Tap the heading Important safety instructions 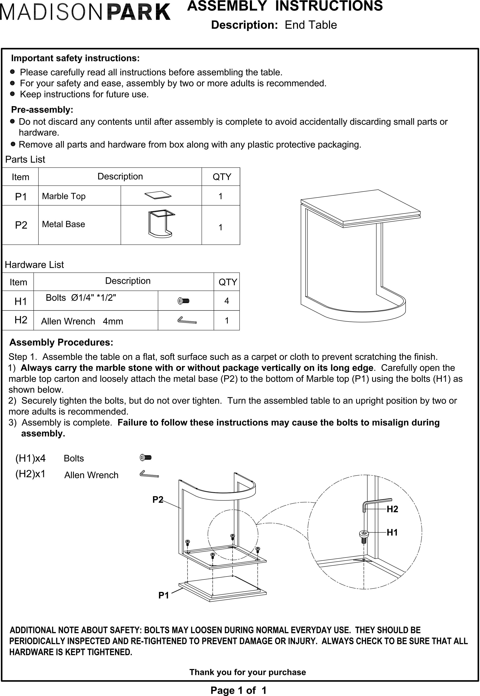tap(75, 58)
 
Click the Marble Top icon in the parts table tap(158, 195)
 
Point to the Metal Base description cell tap(64, 224)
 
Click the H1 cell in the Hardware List tap(21, 301)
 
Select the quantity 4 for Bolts tap(226, 301)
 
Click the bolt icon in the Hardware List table tap(183, 301)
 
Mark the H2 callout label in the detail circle tap(392, 509)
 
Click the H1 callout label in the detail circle tap(392, 532)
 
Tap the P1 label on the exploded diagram tap(164, 595)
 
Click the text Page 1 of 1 tap(239, 690)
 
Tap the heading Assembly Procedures tap(61, 342)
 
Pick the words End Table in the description tap(311, 25)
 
